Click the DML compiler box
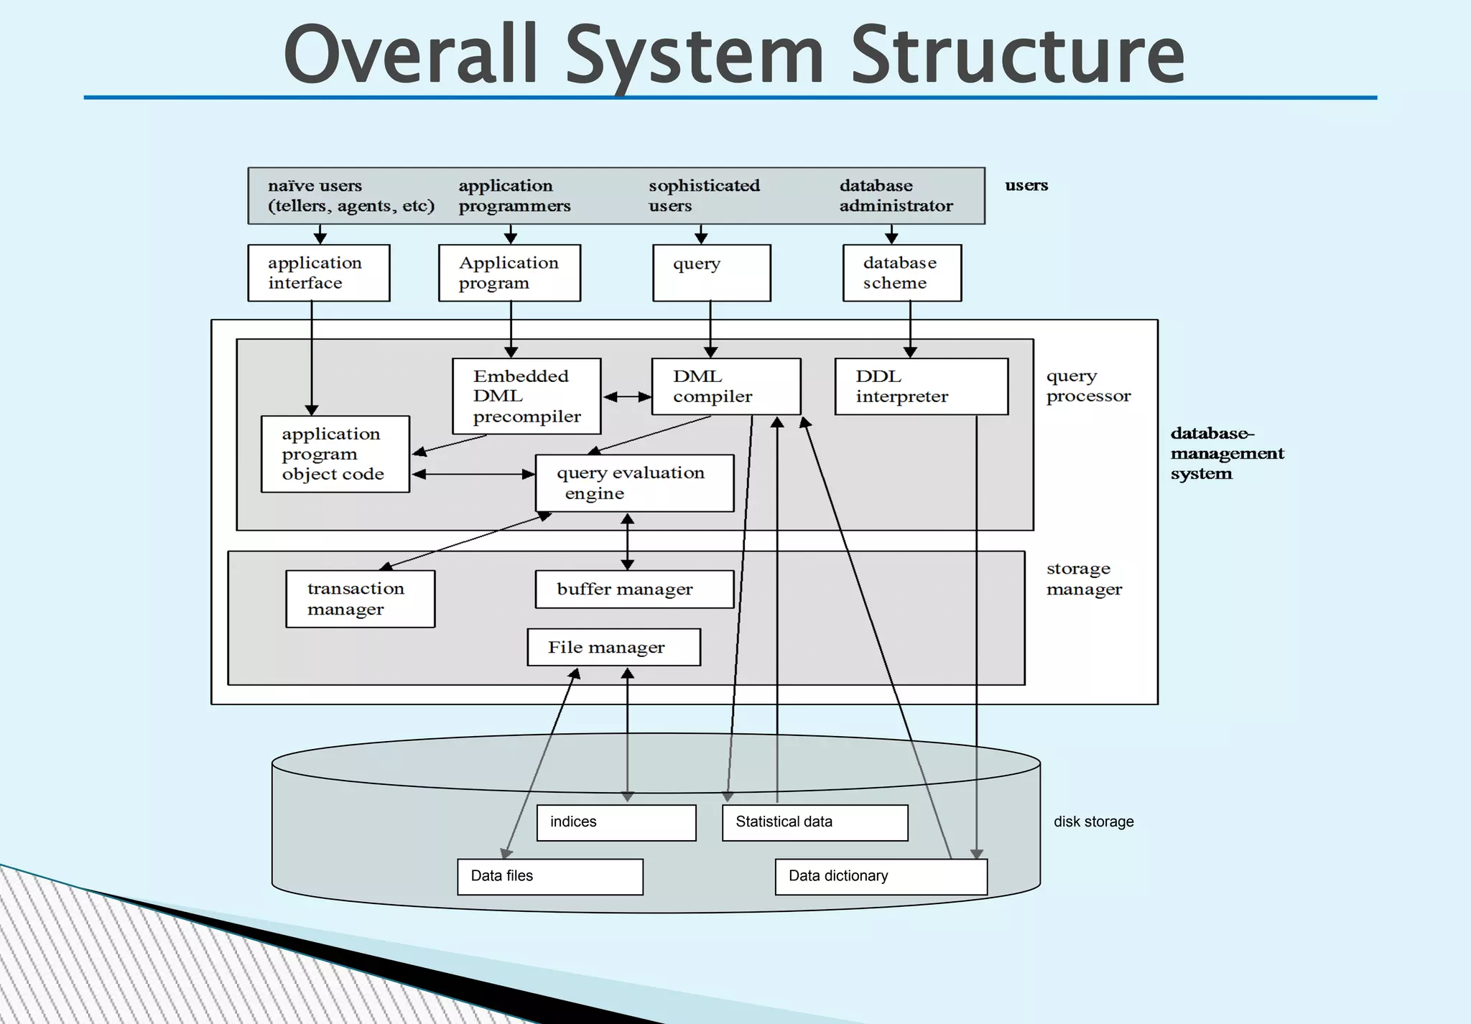[725, 386]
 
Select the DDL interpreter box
[921, 386]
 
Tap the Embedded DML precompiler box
[526, 396]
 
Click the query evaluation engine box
[634, 483]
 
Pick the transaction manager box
[360, 599]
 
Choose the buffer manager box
[634, 589]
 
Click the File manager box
[613, 647]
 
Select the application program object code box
[335, 454]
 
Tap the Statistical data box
[815, 822]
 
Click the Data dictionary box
[881, 876]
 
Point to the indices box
[616, 822]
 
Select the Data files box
[549, 876]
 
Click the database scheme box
[901, 273]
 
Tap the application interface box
[318, 273]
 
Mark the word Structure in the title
[1017, 56]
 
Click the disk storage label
[1093, 821]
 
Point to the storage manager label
[1083, 579]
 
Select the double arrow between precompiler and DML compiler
[627, 396]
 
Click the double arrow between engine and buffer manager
[627, 541]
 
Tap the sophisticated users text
[703, 195]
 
